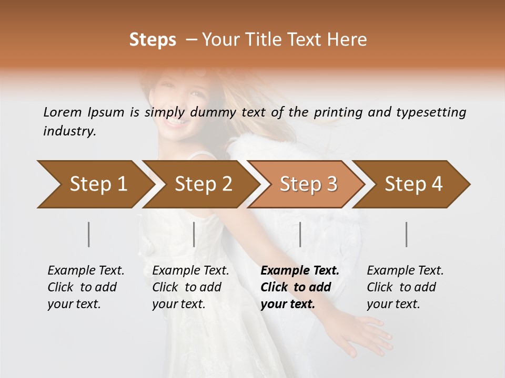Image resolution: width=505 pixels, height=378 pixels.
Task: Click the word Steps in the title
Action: (x=153, y=40)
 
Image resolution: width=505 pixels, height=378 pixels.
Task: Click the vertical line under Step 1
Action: (x=89, y=234)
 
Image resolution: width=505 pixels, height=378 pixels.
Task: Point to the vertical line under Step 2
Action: (x=194, y=234)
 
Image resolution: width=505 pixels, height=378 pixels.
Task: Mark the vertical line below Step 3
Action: (x=300, y=234)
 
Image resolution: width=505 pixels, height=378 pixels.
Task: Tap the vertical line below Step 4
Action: (x=407, y=234)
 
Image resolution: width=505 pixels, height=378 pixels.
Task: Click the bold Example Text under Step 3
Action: (x=300, y=271)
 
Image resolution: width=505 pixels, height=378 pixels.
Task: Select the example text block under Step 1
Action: (x=85, y=287)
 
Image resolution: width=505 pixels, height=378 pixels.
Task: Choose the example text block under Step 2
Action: (x=190, y=287)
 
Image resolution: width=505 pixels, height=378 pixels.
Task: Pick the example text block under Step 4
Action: (x=405, y=287)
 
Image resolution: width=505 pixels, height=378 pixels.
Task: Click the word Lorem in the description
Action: (x=63, y=112)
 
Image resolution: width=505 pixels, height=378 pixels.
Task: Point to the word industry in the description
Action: (x=69, y=131)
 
